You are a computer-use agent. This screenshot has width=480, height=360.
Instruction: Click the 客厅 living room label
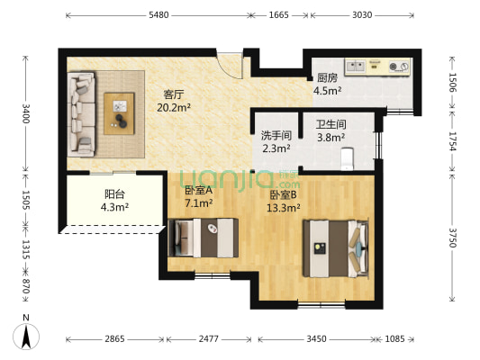point(175,94)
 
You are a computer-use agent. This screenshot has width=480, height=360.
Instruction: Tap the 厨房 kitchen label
point(327,77)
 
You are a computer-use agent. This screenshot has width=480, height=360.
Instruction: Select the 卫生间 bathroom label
point(331,124)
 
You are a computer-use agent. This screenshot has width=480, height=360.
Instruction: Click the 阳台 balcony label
point(115,193)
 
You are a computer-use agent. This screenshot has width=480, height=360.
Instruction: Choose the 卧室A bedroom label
point(198,190)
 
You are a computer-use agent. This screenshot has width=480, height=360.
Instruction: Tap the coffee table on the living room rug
point(121,113)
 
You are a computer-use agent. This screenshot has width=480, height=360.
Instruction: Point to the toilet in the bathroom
point(351,158)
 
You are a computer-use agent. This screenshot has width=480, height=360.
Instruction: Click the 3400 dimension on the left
point(26,114)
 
